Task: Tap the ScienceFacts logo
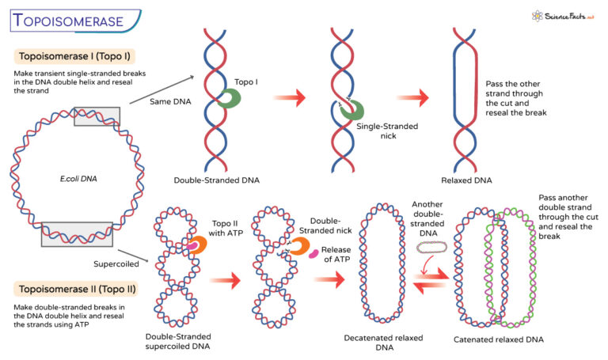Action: pos(563,16)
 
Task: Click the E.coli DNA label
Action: pos(61,179)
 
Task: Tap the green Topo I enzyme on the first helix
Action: pos(229,97)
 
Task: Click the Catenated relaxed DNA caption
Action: pos(498,339)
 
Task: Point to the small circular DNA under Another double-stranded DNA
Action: pos(431,248)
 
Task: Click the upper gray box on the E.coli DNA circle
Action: pos(97,116)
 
